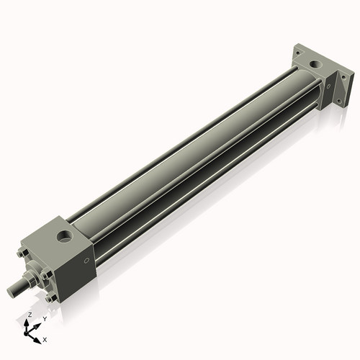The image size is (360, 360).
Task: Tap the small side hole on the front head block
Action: pos(86,261)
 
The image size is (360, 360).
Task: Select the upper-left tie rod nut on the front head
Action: pos(22,253)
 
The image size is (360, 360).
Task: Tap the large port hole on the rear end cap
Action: pos(315,64)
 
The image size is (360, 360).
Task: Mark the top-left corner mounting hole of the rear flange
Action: pos(298,53)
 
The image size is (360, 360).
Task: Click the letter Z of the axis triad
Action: pos(30,315)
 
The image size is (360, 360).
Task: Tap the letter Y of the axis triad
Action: pos(45,318)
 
